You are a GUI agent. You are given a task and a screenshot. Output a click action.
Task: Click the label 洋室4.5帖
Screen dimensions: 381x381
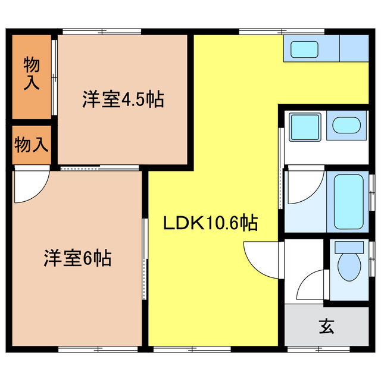123,99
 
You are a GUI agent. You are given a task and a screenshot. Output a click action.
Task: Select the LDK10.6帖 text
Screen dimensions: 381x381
211,224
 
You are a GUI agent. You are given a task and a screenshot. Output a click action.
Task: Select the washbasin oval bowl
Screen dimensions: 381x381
346,126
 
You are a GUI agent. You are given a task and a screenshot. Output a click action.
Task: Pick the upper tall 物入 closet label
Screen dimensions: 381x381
32,73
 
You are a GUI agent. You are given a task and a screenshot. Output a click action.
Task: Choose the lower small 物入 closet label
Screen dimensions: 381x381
32,145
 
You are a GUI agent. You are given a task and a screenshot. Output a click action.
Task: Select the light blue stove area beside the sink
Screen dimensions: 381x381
354,48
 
